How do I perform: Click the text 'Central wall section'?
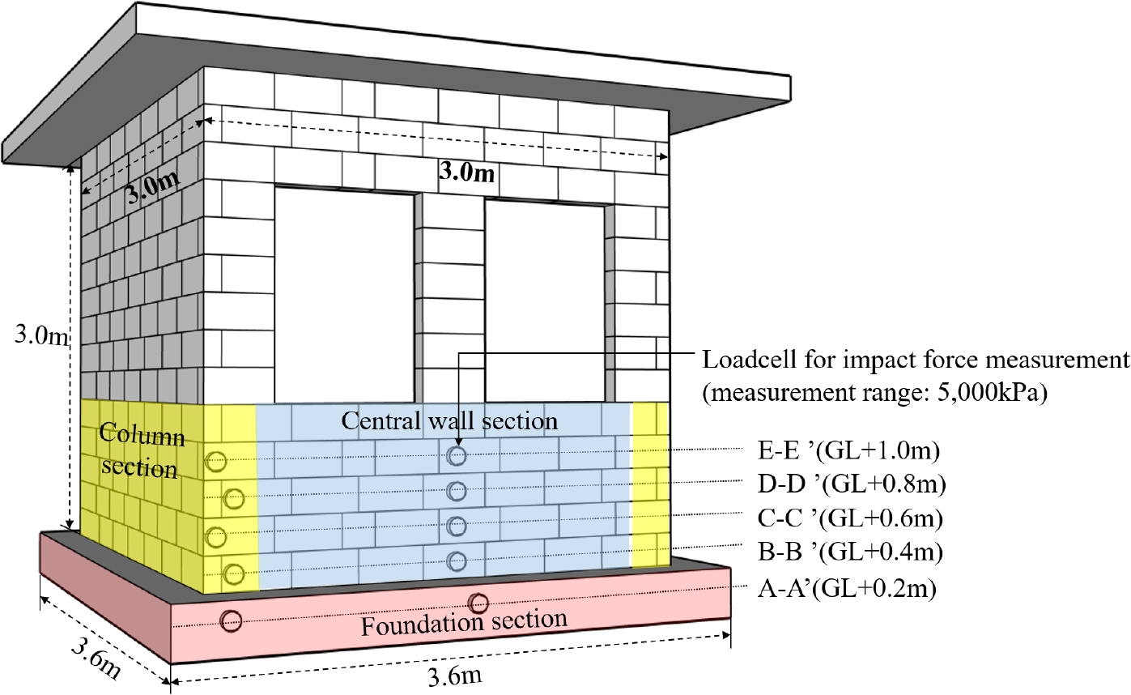pyautogui.click(x=449, y=421)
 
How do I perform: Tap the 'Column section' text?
pyautogui.click(x=142, y=452)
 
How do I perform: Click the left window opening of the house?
pyautogui.click(x=346, y=295)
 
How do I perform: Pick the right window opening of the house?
pyautogui.click(x=544, y=300)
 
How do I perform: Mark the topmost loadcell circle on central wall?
pyautogui.click(x=457, y=456)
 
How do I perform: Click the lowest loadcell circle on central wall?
pyautogui.click(x=457, y=561)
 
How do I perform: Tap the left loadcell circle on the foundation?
pyautogui.click(x=232, y=621)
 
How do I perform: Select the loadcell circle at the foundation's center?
pyautogui.click(x=478, y=603)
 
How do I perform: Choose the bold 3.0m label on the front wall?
pyautogui.click(x=466, y=172)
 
